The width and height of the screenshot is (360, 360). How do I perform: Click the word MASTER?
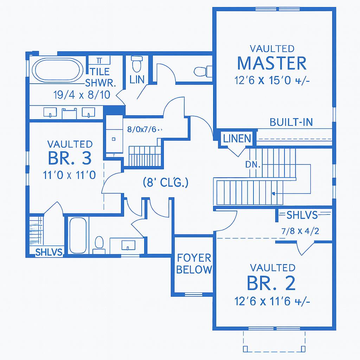pos(272,63)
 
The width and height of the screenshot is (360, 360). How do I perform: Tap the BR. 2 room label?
pos(271,283)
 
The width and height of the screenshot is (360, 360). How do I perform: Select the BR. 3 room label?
pos(70,159)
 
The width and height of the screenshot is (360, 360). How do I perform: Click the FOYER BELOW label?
pos(194,264)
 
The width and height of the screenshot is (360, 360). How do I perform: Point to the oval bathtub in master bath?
pos(58,70)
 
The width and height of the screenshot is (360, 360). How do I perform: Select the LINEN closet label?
pos(237,139)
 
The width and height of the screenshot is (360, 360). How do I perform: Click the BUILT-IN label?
pos(291,122)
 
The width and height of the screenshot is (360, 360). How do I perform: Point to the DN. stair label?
pos(252,164)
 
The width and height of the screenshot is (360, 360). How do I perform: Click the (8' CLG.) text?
pos(166,183)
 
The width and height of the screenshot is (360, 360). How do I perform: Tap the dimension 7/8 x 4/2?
pos(300,231)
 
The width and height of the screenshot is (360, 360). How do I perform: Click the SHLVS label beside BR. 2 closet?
pos(302,215)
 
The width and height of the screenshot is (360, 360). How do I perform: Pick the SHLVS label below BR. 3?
pos(49,252)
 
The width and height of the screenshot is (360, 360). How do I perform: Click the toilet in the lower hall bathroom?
pos(99,244)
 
